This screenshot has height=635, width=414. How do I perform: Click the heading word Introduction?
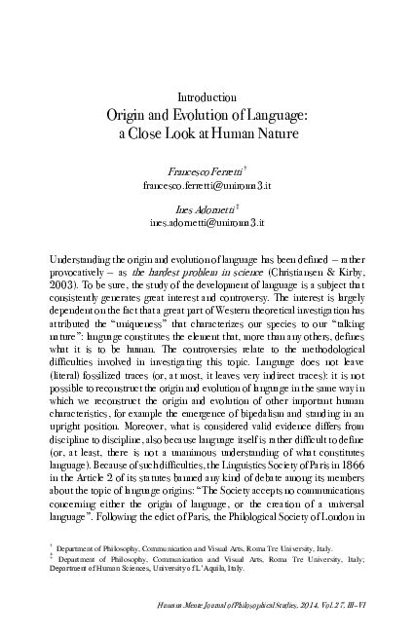(x=207, y=97)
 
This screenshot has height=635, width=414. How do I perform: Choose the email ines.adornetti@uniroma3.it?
(x=207, y=223)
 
